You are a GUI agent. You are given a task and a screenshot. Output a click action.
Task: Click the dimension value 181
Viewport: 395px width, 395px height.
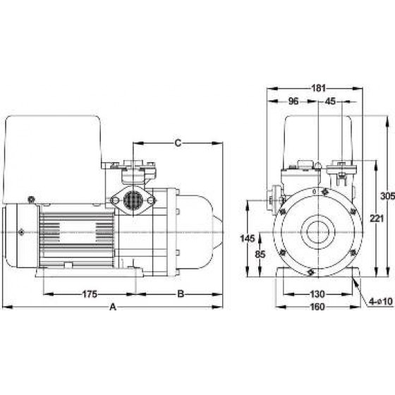(319, 88)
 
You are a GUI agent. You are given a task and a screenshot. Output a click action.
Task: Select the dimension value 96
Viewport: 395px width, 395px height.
(293, 102)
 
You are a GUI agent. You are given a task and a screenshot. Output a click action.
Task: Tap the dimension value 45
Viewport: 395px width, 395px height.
(330, 102)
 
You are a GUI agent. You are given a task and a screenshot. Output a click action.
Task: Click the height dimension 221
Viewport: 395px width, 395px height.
(377, 219)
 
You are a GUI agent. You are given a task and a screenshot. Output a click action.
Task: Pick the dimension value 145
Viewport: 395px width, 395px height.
(248, 238)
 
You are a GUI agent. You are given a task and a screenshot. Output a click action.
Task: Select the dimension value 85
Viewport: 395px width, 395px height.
(260, 255)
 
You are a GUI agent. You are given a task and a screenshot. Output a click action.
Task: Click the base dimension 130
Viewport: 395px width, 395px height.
(318, 294)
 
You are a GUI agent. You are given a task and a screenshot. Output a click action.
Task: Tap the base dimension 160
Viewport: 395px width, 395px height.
(318, 307)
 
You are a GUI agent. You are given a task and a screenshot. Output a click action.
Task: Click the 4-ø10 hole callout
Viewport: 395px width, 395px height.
(381, 301)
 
